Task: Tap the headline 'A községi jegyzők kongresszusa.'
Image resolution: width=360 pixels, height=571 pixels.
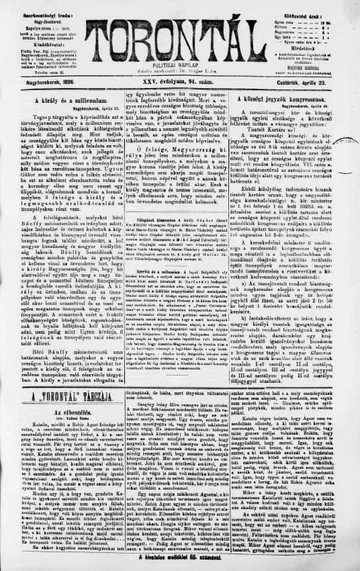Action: tap(298, 99)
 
